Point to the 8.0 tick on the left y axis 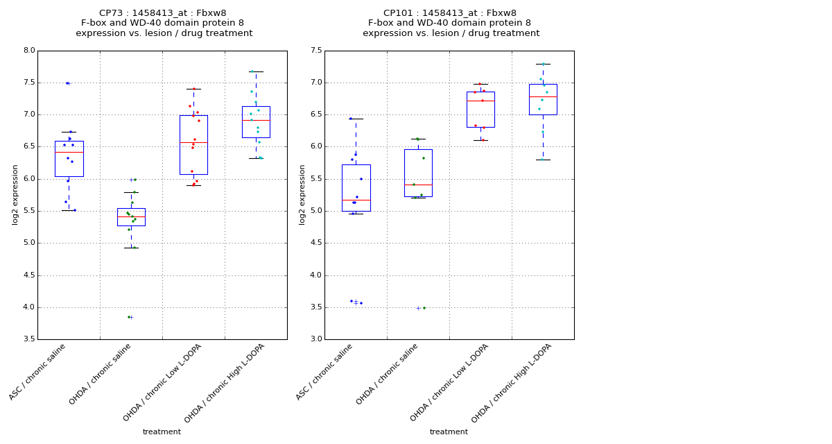(x=28, y=51)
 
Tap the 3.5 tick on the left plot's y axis (x=28, y=339)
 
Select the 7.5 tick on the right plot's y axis (x=315, y=51)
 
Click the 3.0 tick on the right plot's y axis (x=315, y=339)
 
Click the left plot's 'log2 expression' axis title (x=15, y=195)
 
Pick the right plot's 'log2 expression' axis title (x=302, y=195)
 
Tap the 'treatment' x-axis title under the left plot (x=162, y=432)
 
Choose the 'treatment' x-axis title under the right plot (x=449, y=432)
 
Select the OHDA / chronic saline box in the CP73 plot (x=131, y=217)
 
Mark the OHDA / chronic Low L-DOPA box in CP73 (x=193, y=145)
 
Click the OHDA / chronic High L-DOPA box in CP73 (x=256, y=122)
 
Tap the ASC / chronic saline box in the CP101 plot (x=356, y=187)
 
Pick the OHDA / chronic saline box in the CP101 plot (x=418, y=173)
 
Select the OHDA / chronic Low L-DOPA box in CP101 (x=480, y=110)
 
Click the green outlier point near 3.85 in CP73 (x=129, y=317)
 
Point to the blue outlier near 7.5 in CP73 (x=67, y=83)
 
